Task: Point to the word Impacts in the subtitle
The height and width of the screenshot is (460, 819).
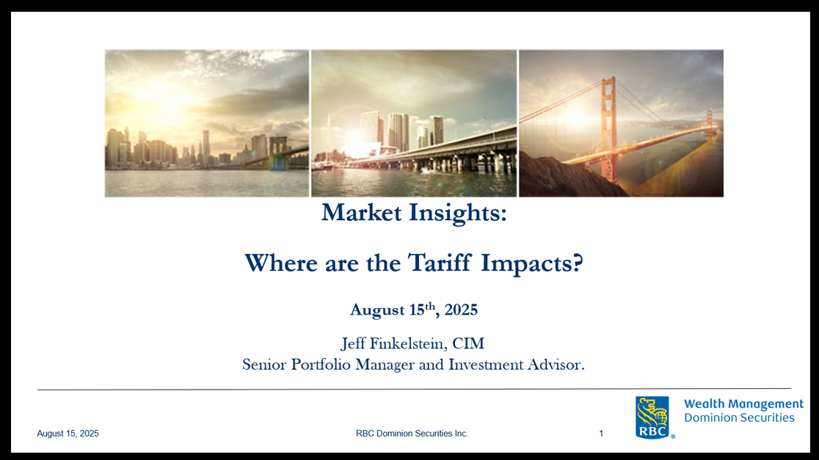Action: [x=531, y=263]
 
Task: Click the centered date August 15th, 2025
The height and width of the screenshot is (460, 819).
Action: [x=414, y=310]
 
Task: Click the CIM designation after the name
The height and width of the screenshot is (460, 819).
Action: [x=468, y=343]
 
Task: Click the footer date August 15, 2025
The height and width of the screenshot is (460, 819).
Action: [x=68, y=434]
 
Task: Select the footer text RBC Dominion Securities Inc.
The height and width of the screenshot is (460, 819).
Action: [x=412, y=434]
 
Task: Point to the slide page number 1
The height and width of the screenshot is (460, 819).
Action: [x=601, y=434]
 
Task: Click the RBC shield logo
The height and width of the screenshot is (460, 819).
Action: [x=652, y=417]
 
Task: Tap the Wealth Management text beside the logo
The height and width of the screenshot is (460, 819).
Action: [x=744, y=404]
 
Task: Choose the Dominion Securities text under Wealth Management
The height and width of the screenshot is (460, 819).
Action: [x=739, y=417]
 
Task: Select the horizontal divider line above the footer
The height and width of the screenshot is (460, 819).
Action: [x=414, y=389]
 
